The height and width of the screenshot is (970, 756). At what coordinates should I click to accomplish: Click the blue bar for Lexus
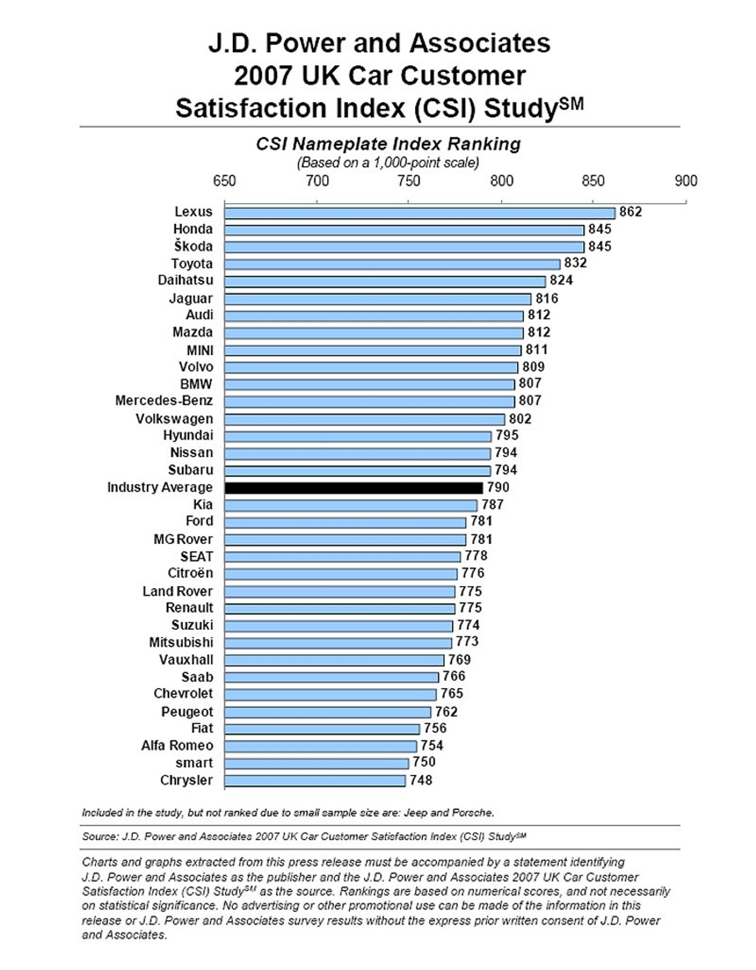pyautogui.click(x=419, y=213)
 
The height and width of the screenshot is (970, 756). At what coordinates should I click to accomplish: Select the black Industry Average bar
pyautogui.click(x=353, y=488)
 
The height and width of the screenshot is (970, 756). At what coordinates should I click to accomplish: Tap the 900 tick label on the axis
pyautogui.click(x=686, y=181)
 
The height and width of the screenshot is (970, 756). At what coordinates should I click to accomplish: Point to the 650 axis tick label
pyautogui.click(x=224, y=181)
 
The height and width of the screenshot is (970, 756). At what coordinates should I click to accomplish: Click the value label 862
pyautogui.click(x=630, y=212)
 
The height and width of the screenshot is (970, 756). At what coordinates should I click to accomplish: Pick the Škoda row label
pyautogui.click(x=193, y=246)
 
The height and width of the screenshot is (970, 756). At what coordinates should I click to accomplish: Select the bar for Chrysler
pyautogui.click(x=314, y=781)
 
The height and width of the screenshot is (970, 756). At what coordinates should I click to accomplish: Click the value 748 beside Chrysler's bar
pyautogui.click(x=421, y=780)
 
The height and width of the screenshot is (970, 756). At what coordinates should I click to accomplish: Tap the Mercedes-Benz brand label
pyautogui.click(x=164, y=401)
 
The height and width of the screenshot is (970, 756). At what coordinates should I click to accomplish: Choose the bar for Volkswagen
pyautogui.click(x=364, y=420)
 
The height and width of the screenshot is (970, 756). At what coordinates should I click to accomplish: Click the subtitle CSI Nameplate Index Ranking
pyautogui.click(x=388, y=144)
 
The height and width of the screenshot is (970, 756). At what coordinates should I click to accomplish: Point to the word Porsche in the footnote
pyautogui.click(x=474, y=812)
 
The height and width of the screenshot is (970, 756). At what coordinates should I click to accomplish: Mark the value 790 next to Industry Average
pyautogui.click(x=498, y=487)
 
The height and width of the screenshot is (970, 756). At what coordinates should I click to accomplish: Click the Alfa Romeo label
pyautogui.click(x=177, y=746)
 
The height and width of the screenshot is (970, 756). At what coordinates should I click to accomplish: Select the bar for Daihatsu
pyautogui.click(x=385, y=281)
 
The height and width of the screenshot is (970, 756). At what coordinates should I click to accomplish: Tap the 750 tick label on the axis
pyautogui.click(x=409, y=181)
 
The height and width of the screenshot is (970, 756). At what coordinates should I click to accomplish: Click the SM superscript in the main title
pyautogui.click(x=571, y=103)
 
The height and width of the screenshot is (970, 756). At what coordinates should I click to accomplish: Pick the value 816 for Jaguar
pyautogui.click(x=547, y=298)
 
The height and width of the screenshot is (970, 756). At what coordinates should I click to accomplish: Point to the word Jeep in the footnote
pyautogui.click(x=415, y=812)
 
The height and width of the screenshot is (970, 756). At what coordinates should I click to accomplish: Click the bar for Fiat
pyautogui.click(x=322, y=729)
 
